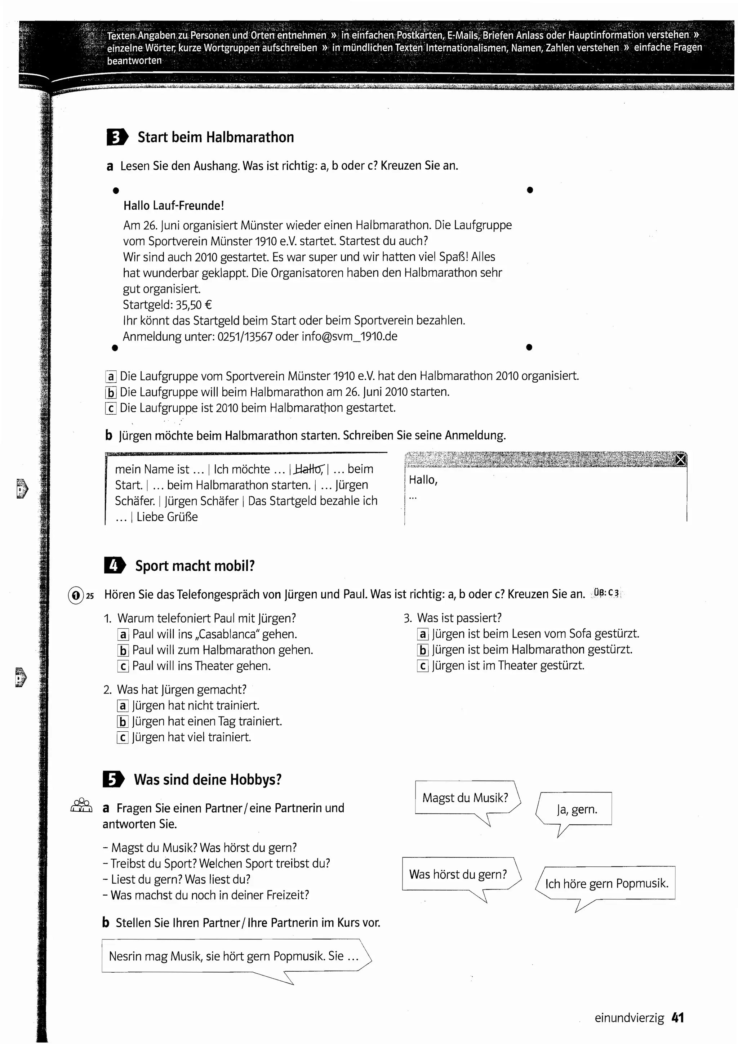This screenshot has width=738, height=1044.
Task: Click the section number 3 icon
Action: point(117,137)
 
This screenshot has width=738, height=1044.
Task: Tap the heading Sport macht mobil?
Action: point(195,566)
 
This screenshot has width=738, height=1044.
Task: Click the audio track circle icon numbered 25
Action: point(75,595)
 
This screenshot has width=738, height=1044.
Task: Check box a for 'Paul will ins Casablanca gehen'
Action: point(123,634)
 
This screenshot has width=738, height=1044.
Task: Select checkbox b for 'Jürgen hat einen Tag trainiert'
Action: point(122,722)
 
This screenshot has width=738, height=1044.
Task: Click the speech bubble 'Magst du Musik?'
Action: point(465,798)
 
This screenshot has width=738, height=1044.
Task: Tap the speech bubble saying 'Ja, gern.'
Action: point(577,810)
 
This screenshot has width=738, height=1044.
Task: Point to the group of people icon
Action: point(81,805)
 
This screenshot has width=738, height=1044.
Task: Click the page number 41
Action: point(677,1018)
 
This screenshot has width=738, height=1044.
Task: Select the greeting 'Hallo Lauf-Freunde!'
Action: point(174,206)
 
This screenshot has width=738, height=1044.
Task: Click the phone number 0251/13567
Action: point(245,336)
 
